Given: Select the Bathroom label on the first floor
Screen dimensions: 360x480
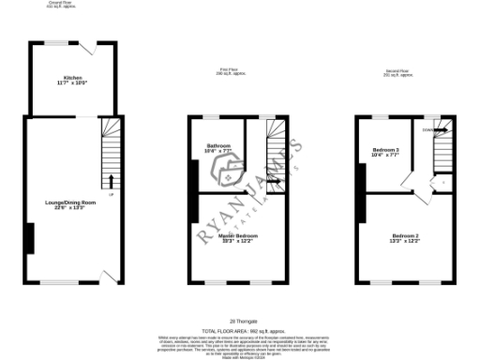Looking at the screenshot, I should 219,145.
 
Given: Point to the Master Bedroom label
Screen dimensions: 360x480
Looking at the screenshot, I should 226,237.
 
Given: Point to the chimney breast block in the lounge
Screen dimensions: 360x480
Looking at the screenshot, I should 30,238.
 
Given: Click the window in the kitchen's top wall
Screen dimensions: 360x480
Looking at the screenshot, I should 58,43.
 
